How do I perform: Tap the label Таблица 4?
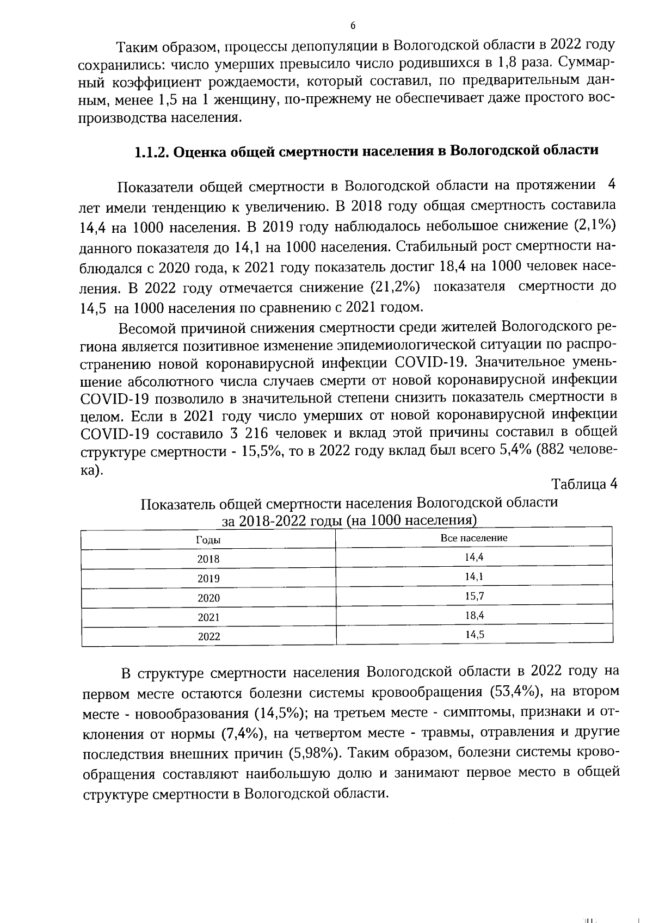pyautogui.click(x=584, y=484)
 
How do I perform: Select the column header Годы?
pyautogui.click(x=208, y=540)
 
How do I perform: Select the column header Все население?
pyautogui.click(x=473, y=538)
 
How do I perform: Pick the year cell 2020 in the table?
pyautogui.click(x=208, y=598)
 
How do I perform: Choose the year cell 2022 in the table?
pyautogui.click(x=208, y=637)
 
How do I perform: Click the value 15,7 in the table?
pyautogui.click(x=474, y=596)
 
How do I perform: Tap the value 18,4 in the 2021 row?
pyautogui.click(x=474, y=616)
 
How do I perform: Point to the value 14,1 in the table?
pyautogui.click(x=474, y=577)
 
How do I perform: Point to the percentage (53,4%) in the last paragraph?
pyautogui.click(x=515, y=692)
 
